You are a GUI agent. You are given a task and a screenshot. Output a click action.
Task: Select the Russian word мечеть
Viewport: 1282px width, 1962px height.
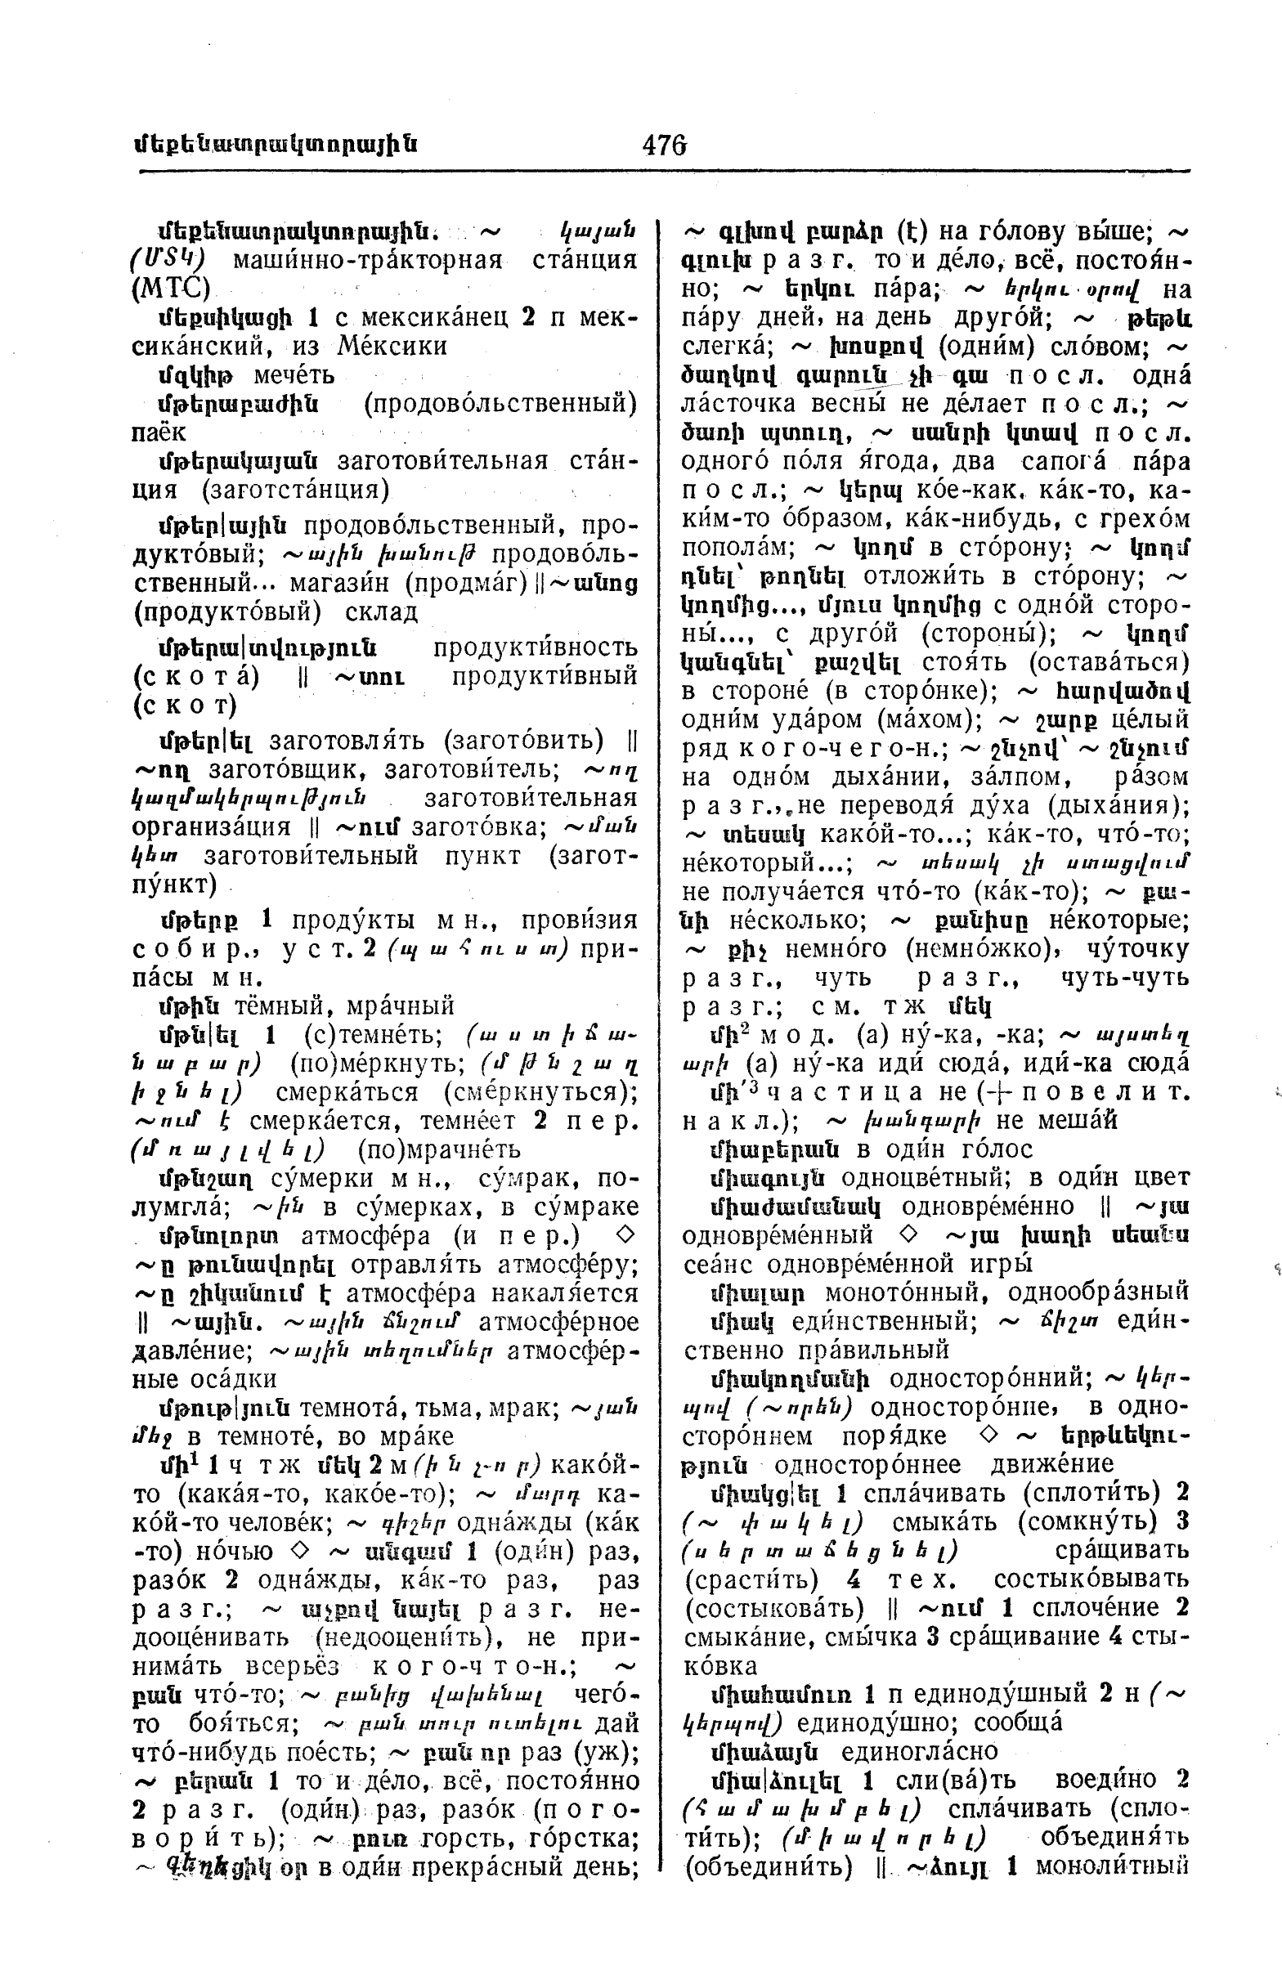point(294,376)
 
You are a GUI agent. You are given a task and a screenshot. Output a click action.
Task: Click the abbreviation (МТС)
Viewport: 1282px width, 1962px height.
point(172,289)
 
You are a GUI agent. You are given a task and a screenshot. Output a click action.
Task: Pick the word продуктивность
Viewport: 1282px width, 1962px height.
point(535,647)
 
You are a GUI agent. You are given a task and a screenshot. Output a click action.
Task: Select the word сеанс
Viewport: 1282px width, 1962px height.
point(720,1263)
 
